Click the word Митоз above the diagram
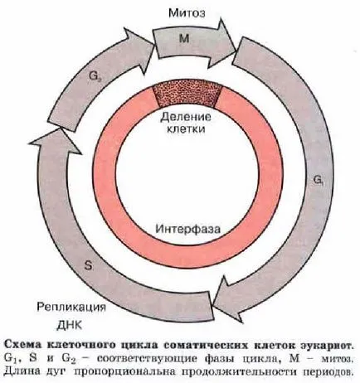(187, 13)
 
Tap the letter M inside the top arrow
(184, 38)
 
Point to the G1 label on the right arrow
(319, 180)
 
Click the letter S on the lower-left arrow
(88, 266)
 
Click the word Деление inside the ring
(186, 117)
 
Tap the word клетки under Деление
(186, 129)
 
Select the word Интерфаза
(188, 229)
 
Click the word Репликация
(71, 308)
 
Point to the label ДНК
(70, 325)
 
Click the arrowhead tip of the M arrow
(236, 51)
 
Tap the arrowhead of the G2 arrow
(153, 42)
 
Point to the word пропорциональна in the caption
(125, 372)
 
